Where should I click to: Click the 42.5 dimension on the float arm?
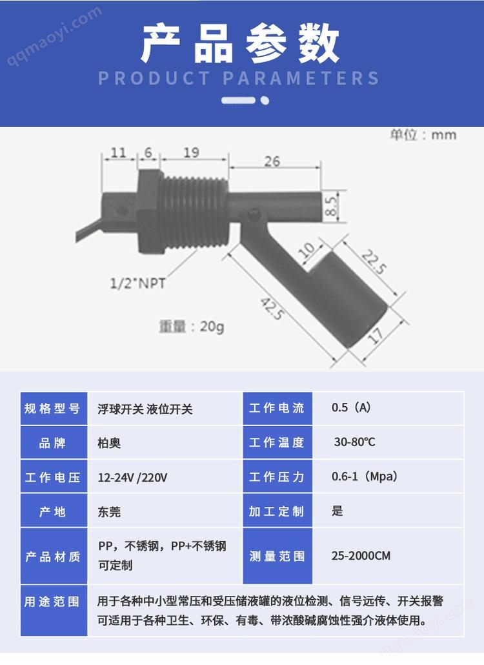(x=272, y=309)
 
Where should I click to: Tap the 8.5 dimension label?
(x=331, y=206)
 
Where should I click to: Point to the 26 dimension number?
(x=272, y=161)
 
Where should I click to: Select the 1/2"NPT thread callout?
(x=137, y=283)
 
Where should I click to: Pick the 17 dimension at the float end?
(x=376, y=336)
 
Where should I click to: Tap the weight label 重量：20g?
(x=192, y=327)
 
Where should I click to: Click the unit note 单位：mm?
(x=423, y=135)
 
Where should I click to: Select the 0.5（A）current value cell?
(x=351, y=407)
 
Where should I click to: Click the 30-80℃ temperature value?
(x=355, y=442)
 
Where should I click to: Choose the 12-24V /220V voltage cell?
(x=133, y=478)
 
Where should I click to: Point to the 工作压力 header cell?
(x=277, y=476)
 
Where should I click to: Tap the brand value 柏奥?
(x=109, y=443)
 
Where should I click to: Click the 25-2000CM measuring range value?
(x=361, y=556)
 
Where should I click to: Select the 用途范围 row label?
(x=52, y=601)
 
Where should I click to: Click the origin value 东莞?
(x=109, y=512)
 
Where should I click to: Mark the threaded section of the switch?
(x=194, y=212)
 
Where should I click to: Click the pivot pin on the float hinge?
(x=254, y=214)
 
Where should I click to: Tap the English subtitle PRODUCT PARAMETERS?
(x=239, y=79)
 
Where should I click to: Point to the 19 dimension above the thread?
(x=192, y=152)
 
